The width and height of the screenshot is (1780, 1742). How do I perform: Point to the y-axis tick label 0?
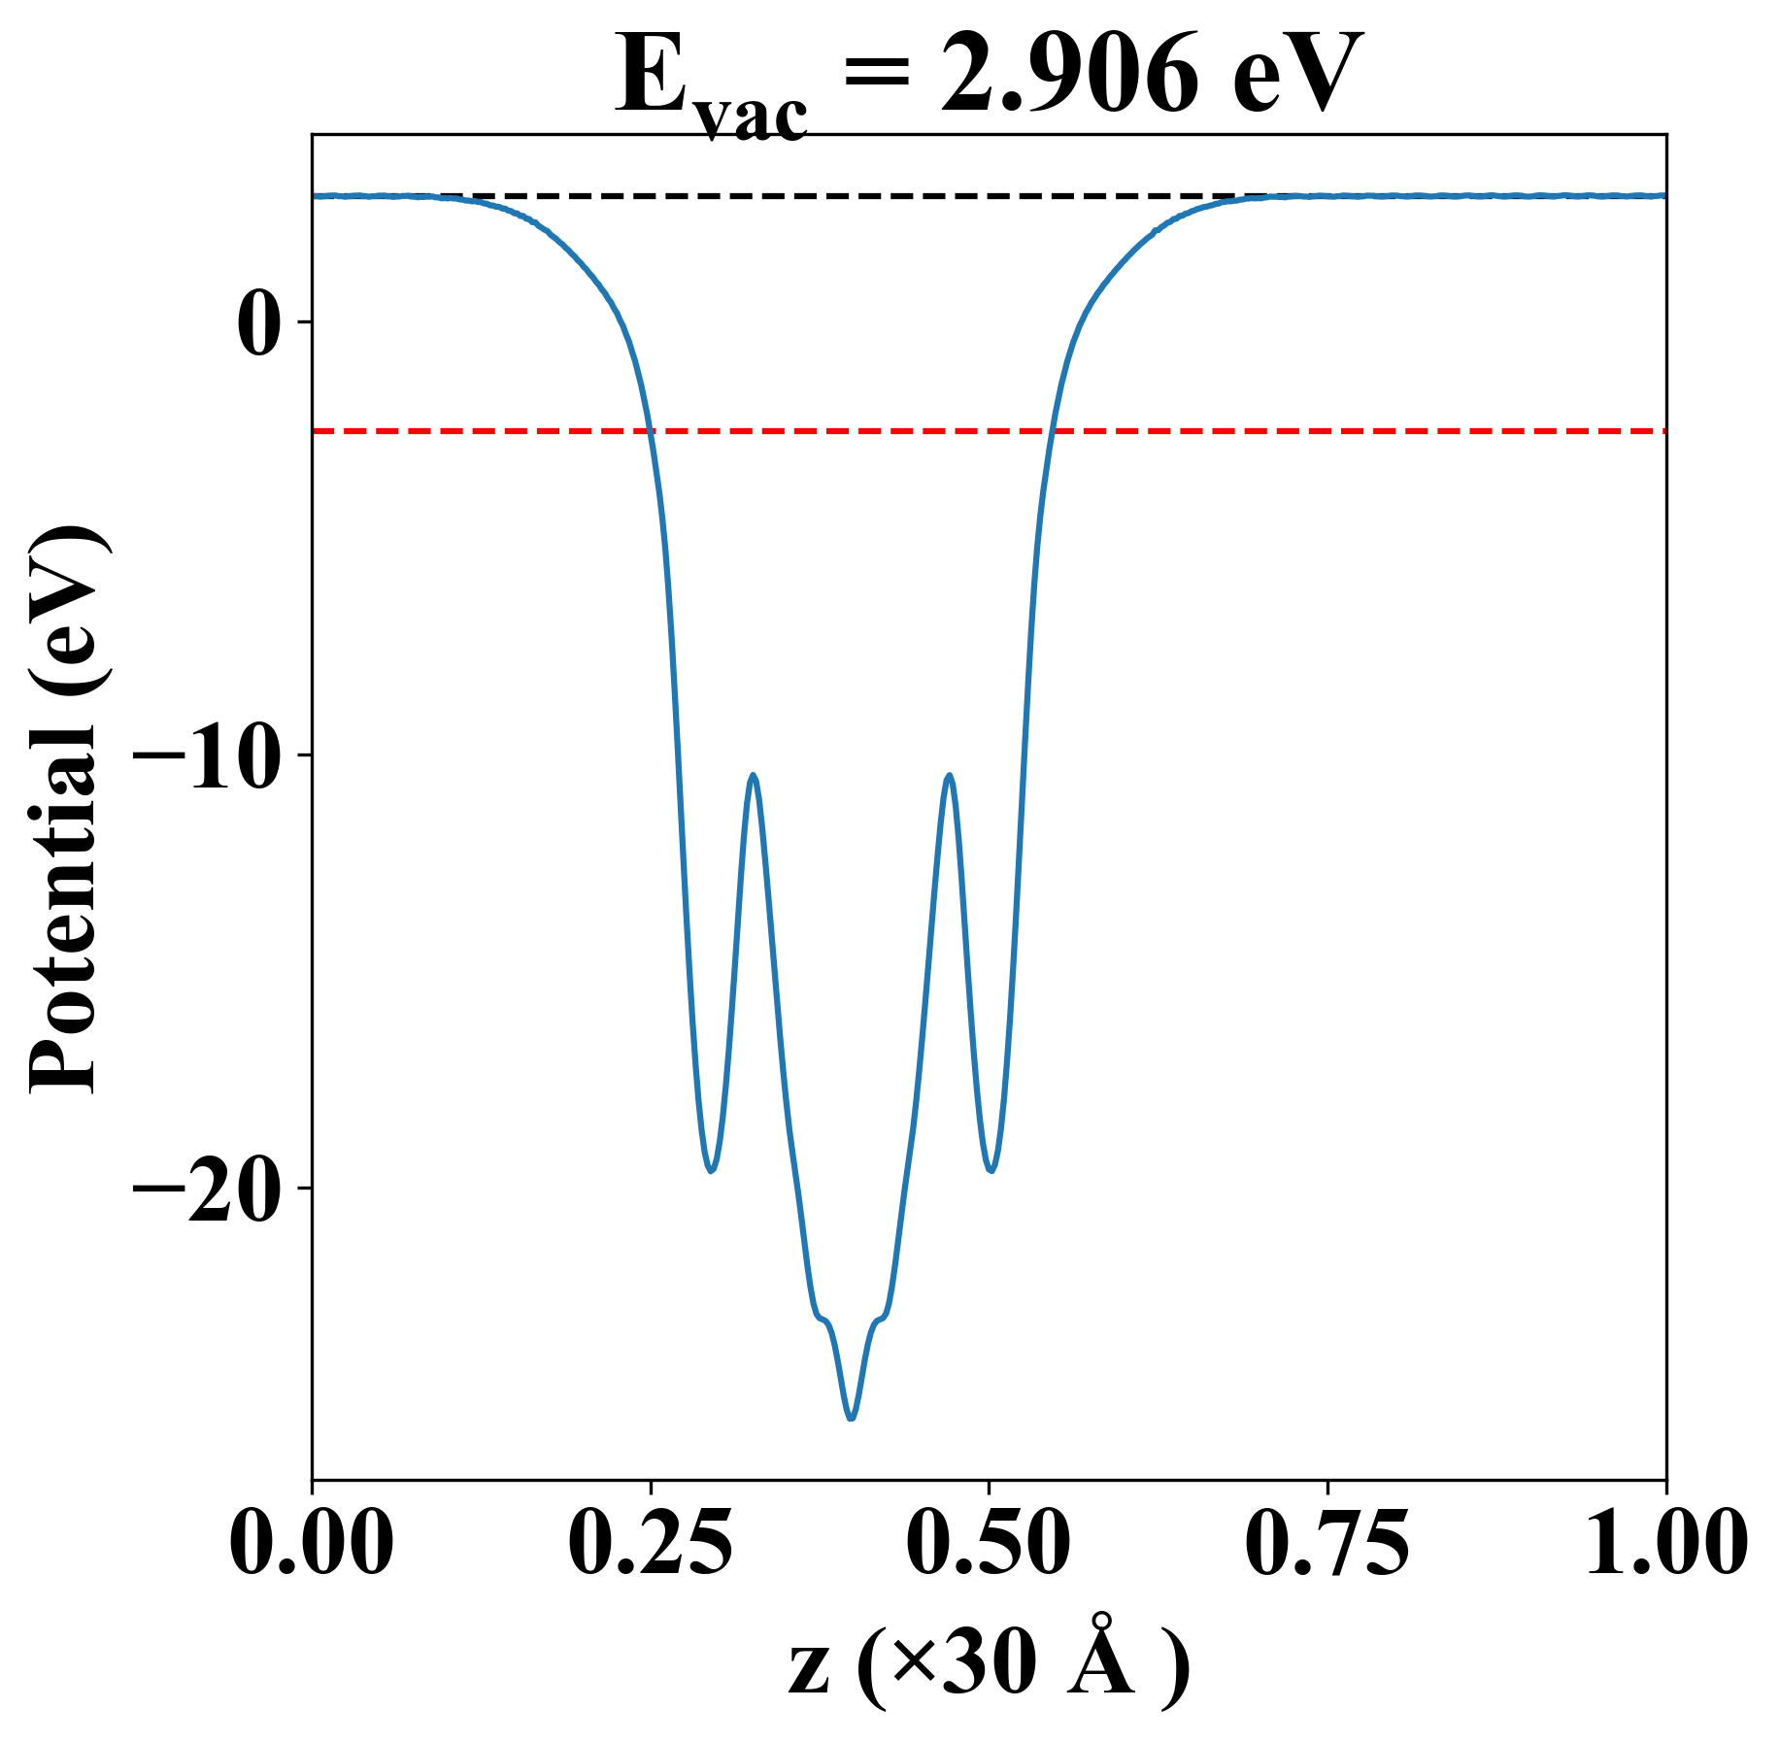coord(258,323)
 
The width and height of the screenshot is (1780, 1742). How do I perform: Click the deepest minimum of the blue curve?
coord(852,1419)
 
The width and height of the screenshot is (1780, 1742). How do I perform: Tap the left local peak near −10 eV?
coord(753,776)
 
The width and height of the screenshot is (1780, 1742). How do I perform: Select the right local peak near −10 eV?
coord(949,776)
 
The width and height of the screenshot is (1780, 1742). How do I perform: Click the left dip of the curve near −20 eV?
coord(712,1170)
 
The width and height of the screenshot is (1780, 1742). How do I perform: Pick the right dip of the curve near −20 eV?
coord(991,1170)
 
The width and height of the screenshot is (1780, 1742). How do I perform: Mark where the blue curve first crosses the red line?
coord(649,430)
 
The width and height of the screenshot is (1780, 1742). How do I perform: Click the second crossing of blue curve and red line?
coord(1052,430)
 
